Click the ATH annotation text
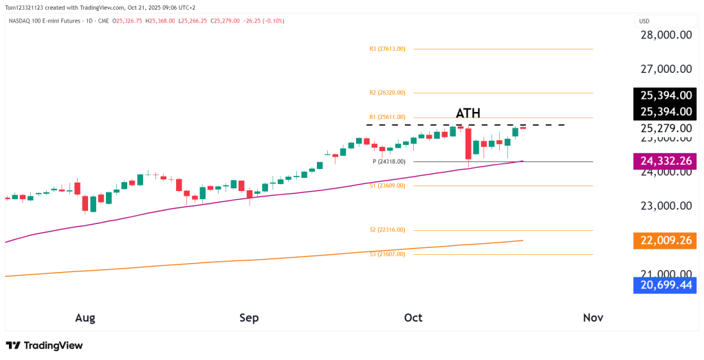click(x=468, y=113)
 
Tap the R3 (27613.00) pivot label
click(x=387, y=49)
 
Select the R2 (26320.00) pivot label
click(x=387, y=92)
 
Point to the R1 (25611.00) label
click(x=387, y=117)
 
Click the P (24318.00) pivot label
click(x=389, y=161)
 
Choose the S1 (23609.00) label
click(x=388, y=185)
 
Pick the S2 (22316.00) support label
click(x=388, y=230)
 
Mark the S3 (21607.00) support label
click(x=388, y=254)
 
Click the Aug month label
click(x=85, y=317)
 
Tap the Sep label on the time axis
click(x=249, y=317)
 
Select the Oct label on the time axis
click(x=413, y=317)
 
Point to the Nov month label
click(x=593, y=317)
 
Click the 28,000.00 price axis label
click(x=665, y=36)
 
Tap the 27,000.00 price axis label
click(x=665, y=69)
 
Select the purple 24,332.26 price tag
click(x=665, y=161)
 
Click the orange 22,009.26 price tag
click(x=665, y=240)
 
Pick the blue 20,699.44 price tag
click(x=665, y=285)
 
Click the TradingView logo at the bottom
click(x=44, y=346)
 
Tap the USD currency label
click(x=645, y=21)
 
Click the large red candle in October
click(x=468, y=144)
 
